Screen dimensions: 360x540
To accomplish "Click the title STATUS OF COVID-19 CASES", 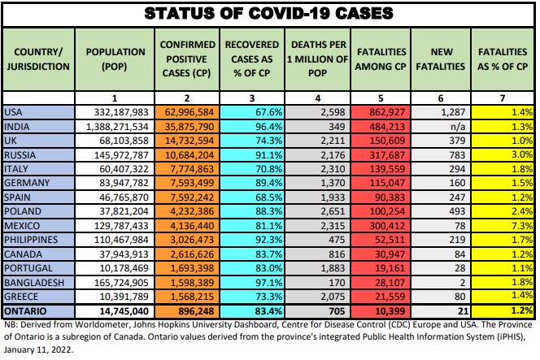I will click(269, 13).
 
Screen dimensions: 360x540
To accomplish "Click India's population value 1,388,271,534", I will click(116, 128).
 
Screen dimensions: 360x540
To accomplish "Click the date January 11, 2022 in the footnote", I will click(41, 351).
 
